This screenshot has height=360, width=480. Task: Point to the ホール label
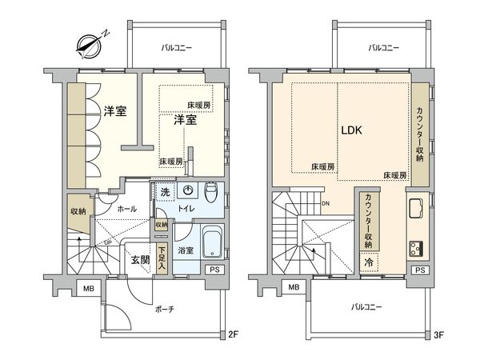[x=126, y=209]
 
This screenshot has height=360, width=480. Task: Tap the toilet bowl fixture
[x=210, y=192]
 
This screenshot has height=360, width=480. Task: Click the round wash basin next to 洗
[x=187, y=192]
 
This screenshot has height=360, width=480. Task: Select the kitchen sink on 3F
[x=418, y=211]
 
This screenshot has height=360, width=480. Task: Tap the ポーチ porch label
[x=166, y=308]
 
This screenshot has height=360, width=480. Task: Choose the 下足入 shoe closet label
[x=162, y=258]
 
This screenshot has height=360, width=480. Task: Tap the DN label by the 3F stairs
[x=326, y=203]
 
